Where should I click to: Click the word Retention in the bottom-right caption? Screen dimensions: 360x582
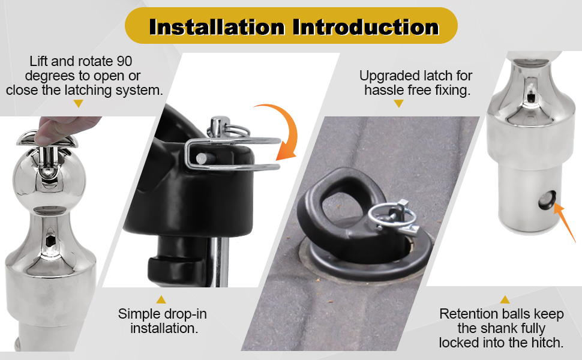pyautogui.click(x=467, y=314)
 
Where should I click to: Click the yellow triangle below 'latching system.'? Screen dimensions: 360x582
pyautogui.click(x=78, y=104)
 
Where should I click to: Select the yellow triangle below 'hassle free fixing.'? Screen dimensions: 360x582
pyautogui.click(x=398, y=104)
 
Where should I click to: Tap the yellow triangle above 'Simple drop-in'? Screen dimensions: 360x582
pyautogui.click(x=161, y=299)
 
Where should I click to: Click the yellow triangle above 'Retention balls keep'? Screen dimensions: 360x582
pyautogui.click(x=505, y=299)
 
